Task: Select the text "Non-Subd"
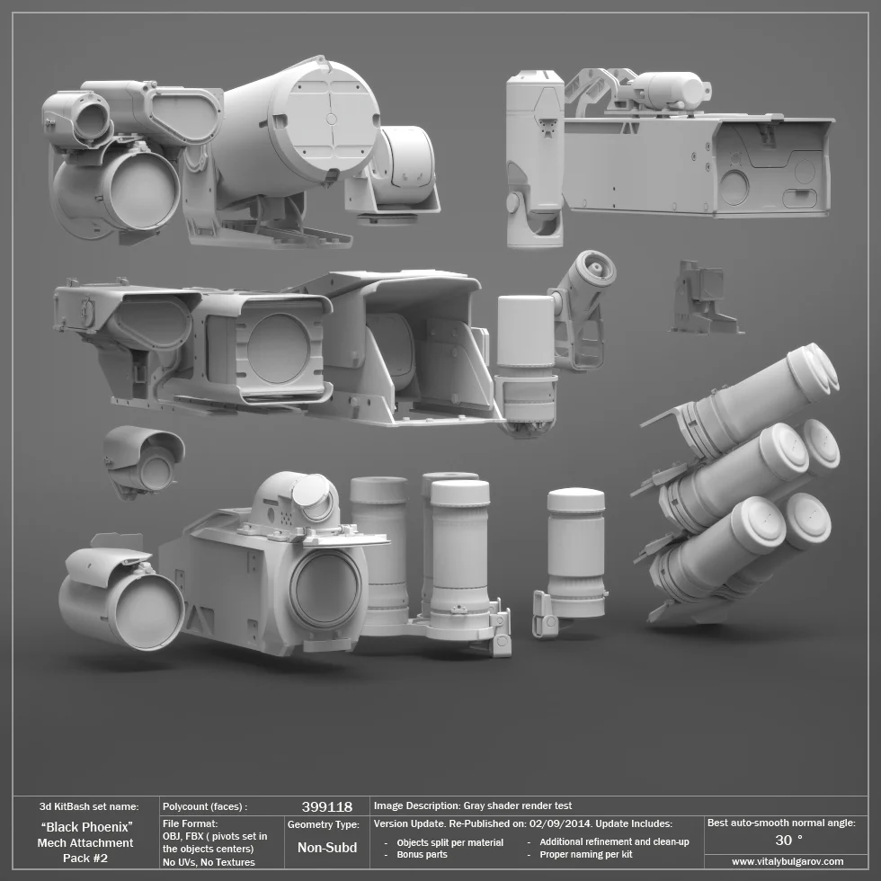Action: [326, 847]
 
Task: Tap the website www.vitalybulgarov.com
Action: [788, 861]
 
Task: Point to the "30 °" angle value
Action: [788, 840]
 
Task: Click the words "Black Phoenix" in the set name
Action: [87, 826]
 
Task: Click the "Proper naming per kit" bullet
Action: [585, 854]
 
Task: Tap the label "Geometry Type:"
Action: [323, 824]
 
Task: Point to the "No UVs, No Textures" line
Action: [209, 862]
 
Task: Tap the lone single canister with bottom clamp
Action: [575, 557]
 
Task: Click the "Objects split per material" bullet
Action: [449, 842]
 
